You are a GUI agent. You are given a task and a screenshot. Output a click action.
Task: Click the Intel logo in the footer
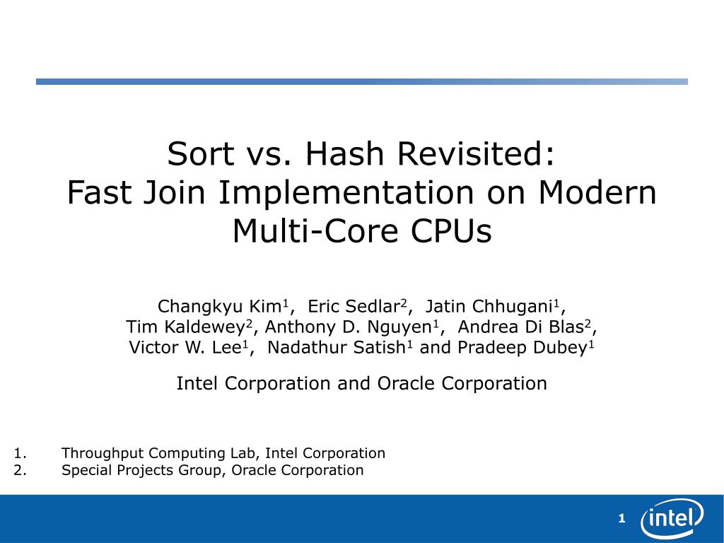(x=672, y=518)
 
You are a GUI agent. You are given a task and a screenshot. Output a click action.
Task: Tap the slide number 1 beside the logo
(x=621, y=518)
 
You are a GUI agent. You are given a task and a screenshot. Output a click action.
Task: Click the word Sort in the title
(x=201, y=153)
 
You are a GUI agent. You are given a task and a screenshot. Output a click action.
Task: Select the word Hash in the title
(x=344, y=153)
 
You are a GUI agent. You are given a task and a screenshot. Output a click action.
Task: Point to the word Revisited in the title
(x=476, y=153)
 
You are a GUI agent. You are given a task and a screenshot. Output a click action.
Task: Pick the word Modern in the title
(x=597, y=192)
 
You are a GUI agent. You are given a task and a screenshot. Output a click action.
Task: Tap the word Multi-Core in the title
(x=315, y=231)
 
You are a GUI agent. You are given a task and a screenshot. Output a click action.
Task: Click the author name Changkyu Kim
(x=219, y=307)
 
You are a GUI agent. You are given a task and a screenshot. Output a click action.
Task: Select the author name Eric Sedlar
(x=354, y=306)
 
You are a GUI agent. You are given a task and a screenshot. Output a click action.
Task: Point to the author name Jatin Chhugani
(x=489, y=307)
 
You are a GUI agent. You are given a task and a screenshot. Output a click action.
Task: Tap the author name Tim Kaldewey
(x=185, y=327)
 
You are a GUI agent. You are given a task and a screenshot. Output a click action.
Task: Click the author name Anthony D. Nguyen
(x=348, y=327)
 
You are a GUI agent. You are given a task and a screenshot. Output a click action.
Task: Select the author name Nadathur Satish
(x=336, y=347)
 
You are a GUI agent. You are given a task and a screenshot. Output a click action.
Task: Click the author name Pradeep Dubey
(x=522, y=348)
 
